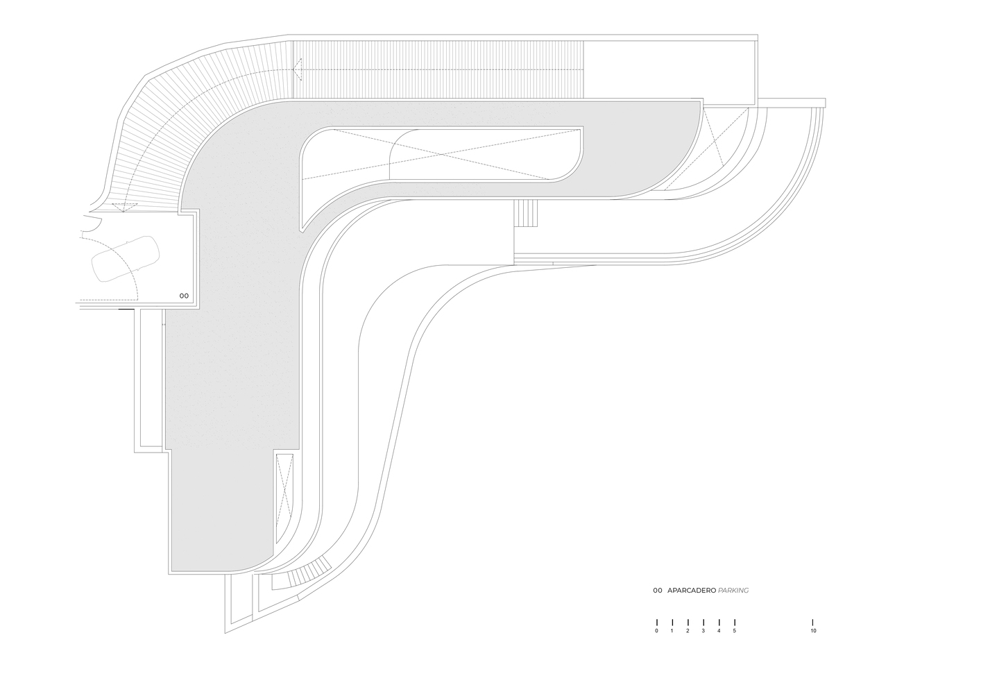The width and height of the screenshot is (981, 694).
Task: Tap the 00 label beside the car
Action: pyautogui.click(x=184, y=296)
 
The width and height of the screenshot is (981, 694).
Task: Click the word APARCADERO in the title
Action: pyautogui.click(x=691, y=591)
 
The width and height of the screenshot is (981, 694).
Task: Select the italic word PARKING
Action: pyautogui.click(x=733, y=591)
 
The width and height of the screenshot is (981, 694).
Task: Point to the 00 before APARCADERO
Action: pyautogui.click(x=657, y=591)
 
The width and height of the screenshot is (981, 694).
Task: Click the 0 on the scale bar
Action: pyautogui.click(x=656, y=631)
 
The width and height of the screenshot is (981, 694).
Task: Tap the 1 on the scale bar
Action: pyautogui.click(x=672, y=631)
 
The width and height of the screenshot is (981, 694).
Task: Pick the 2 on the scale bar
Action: pyautogui.click(x=688, y=631)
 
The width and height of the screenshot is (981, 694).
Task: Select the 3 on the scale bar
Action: pyautogui.click(x=703, y=631)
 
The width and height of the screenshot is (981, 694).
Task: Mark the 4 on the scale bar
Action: pyautogui.click(x=719, y=631)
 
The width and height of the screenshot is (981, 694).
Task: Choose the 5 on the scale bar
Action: pyautogui.click(x=734, y=631)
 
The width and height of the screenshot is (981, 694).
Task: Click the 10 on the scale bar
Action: pyautogui.click(x=813, y=631)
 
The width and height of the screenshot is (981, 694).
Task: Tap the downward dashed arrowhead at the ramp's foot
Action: pyautogui.click(x=124, y=205)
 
